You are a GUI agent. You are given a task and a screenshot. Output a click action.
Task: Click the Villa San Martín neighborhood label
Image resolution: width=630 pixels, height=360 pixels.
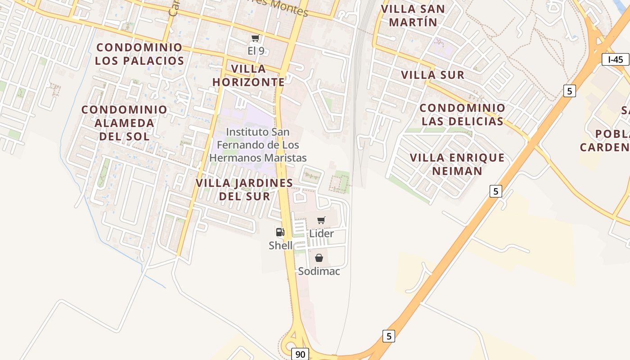click(x=413, y=15)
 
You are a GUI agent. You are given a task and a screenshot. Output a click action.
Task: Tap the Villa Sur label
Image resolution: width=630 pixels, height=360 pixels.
click(x=432, y=75)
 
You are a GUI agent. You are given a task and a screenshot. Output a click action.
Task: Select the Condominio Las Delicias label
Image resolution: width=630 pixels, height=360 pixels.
click(x=463, y=115)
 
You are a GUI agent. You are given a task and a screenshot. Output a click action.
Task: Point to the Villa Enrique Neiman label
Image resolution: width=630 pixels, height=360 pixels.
click(x=457, y=164)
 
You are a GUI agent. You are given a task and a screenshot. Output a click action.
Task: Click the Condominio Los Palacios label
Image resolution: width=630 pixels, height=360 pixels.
click(x=139, y=54)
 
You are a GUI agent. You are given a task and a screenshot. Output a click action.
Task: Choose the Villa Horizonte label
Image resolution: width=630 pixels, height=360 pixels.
click(x=248, y=76)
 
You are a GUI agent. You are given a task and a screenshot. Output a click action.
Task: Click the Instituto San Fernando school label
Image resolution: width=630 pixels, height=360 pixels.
click(x=258, y=145)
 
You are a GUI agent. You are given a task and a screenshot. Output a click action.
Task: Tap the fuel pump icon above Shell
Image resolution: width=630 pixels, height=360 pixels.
click(x=280, y=232)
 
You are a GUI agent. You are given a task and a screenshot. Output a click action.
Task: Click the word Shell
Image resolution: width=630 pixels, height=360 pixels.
click(x=280, y=246)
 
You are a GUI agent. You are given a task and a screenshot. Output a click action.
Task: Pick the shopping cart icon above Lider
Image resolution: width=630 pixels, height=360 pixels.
click(x=321, y=220)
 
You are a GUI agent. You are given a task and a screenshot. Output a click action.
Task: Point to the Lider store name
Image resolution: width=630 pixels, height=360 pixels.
click(x=321, y=234)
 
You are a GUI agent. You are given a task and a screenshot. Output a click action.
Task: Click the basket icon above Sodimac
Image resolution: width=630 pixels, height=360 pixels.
click(x=319, y=258)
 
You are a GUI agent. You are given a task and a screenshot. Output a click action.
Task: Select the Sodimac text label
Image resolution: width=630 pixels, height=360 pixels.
click(x=319, y=271)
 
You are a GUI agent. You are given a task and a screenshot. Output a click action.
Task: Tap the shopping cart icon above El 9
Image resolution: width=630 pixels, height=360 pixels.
click(x=256, y=38)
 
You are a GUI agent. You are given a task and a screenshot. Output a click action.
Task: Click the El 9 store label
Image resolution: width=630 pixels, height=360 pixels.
click(x=256, y=51)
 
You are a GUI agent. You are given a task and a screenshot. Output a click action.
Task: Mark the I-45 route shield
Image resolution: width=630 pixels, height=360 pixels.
click(x=615, y=59)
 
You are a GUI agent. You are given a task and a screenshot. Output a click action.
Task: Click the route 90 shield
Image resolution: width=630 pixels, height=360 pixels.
click(x=300, y=354)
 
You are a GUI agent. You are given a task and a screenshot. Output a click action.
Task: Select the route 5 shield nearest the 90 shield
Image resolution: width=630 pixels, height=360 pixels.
click(x=389, y=336)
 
